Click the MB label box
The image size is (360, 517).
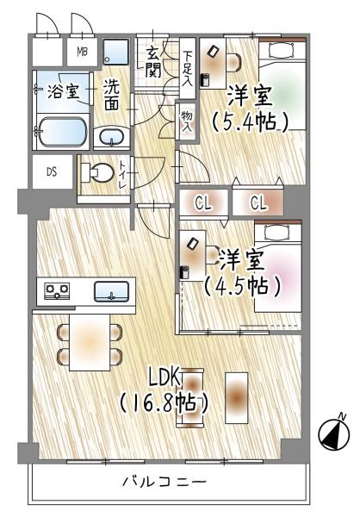pos(83,53)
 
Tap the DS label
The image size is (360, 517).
pos(52,171)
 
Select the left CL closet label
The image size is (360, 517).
pos(203,203)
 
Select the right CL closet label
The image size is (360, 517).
pos(259,203)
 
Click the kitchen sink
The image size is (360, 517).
pos(112,291)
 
